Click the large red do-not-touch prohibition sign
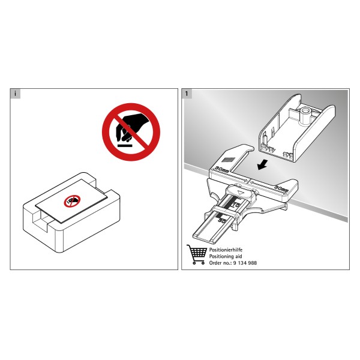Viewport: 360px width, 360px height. point(131,132)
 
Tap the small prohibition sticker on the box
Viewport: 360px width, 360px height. point(72,201)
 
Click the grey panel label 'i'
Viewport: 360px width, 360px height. point(16,94)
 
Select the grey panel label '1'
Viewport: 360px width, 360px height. point(187,94)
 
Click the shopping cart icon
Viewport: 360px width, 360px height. point(197,254)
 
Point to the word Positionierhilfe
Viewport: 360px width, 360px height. point(226,250)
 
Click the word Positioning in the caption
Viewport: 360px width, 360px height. point(221,256)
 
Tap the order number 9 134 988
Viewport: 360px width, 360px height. point(245,263)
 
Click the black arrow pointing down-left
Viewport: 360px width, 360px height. point(262,164)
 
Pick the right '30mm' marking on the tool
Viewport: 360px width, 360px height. point(281,189)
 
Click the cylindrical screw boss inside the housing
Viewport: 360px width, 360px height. point(306,115)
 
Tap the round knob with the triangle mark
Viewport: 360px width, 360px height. point(241,193)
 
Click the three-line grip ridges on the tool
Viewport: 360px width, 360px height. point(227,160)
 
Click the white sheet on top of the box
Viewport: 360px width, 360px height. point(71,201)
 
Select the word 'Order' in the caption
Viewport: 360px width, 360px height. point(215,263)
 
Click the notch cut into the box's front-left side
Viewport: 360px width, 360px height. point(41,219)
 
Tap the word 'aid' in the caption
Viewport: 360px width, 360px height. point(238,256)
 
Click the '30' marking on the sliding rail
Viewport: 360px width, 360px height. point(222,221)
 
